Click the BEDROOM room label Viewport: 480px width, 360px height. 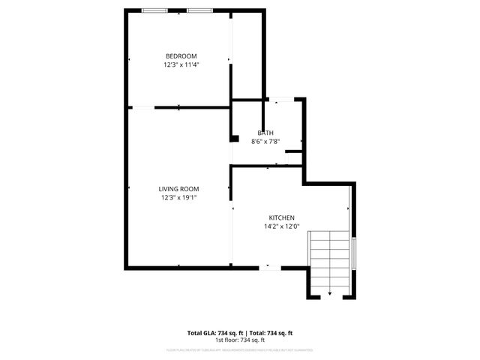pos(181,56)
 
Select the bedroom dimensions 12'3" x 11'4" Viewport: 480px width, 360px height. pos(181,65)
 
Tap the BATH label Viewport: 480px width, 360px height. pos(265,133)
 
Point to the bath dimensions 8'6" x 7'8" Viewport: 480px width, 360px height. pos(265,141)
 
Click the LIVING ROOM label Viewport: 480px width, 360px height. pos(178,189)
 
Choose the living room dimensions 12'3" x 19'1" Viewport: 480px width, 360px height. pos(178,198)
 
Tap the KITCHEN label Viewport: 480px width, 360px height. pos(281,217)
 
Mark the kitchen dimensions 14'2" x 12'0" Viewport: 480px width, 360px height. pos(281,226)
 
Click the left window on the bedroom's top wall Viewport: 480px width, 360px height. pos(154,10)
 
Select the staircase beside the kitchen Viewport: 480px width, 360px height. pos(330,259)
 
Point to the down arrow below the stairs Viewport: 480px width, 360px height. pos(330,294)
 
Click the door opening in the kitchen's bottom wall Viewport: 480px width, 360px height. pos(270,268)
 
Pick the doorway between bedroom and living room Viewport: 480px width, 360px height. pos(142,107)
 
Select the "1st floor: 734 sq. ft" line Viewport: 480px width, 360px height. pos(240,340)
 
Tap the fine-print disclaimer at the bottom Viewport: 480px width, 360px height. pos(240,349)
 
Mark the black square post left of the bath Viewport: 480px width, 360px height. pos(235,138)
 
